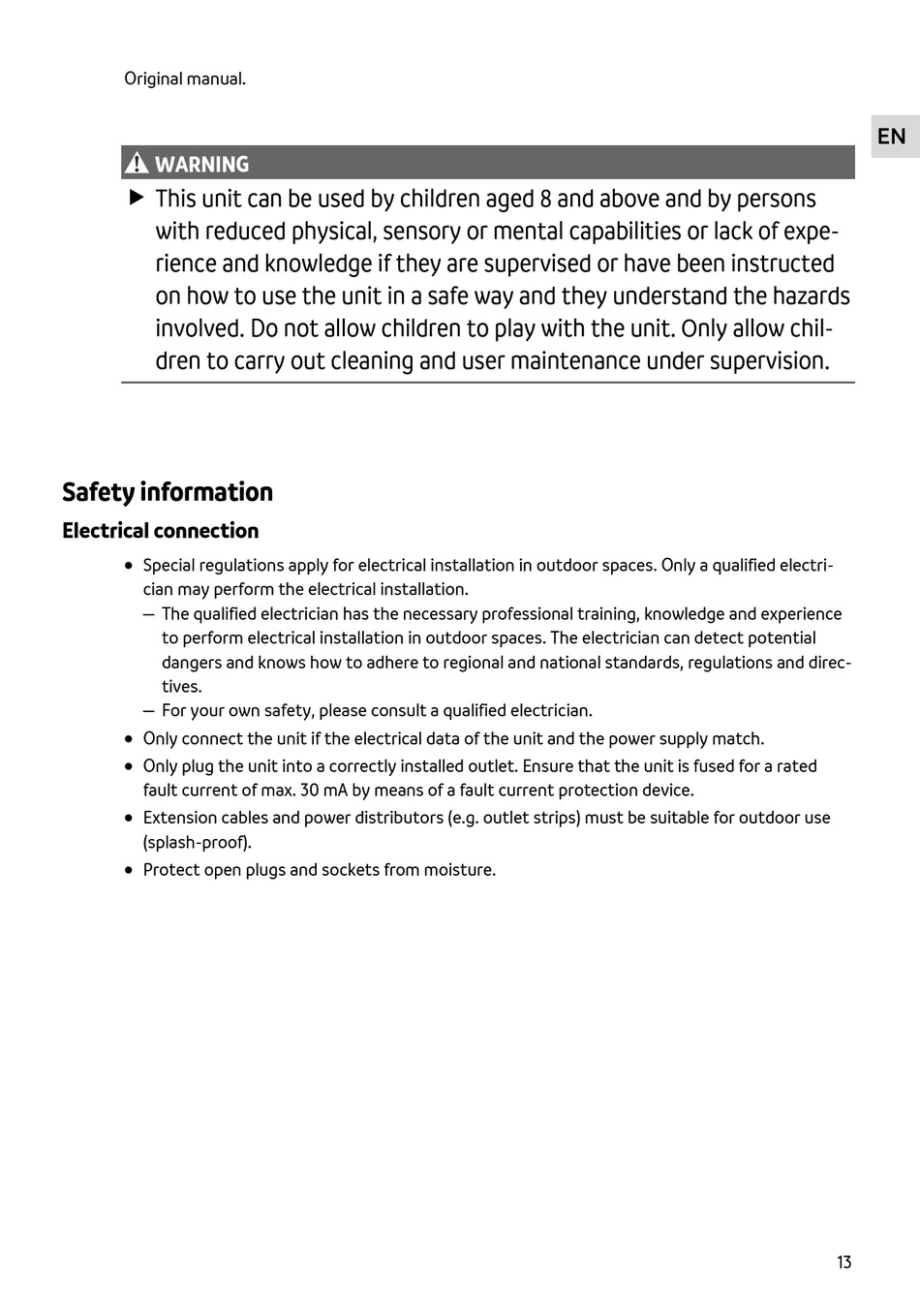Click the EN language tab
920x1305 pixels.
pos(891,137)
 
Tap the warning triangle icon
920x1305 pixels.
pos(137,164)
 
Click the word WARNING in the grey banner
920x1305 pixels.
pos(201,165)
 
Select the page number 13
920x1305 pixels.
pos(843,1261)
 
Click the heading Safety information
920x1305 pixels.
pos(168,492)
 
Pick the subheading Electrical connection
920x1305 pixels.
pos(161,531)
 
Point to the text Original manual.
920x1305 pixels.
pos(185,78)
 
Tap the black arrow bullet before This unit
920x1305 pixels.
pos(137,198)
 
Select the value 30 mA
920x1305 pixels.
pos(322,790)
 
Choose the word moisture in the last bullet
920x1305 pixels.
pos(457,869)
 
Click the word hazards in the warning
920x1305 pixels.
pos(811,295)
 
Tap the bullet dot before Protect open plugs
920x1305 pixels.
pos(129,870)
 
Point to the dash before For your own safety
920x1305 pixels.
pos(148,711)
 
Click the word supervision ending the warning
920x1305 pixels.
pos(769,361)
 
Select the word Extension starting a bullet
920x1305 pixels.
pos(177,817)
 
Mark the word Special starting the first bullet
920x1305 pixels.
pos(169,565)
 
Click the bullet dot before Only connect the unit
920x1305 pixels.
pos(129,739)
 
